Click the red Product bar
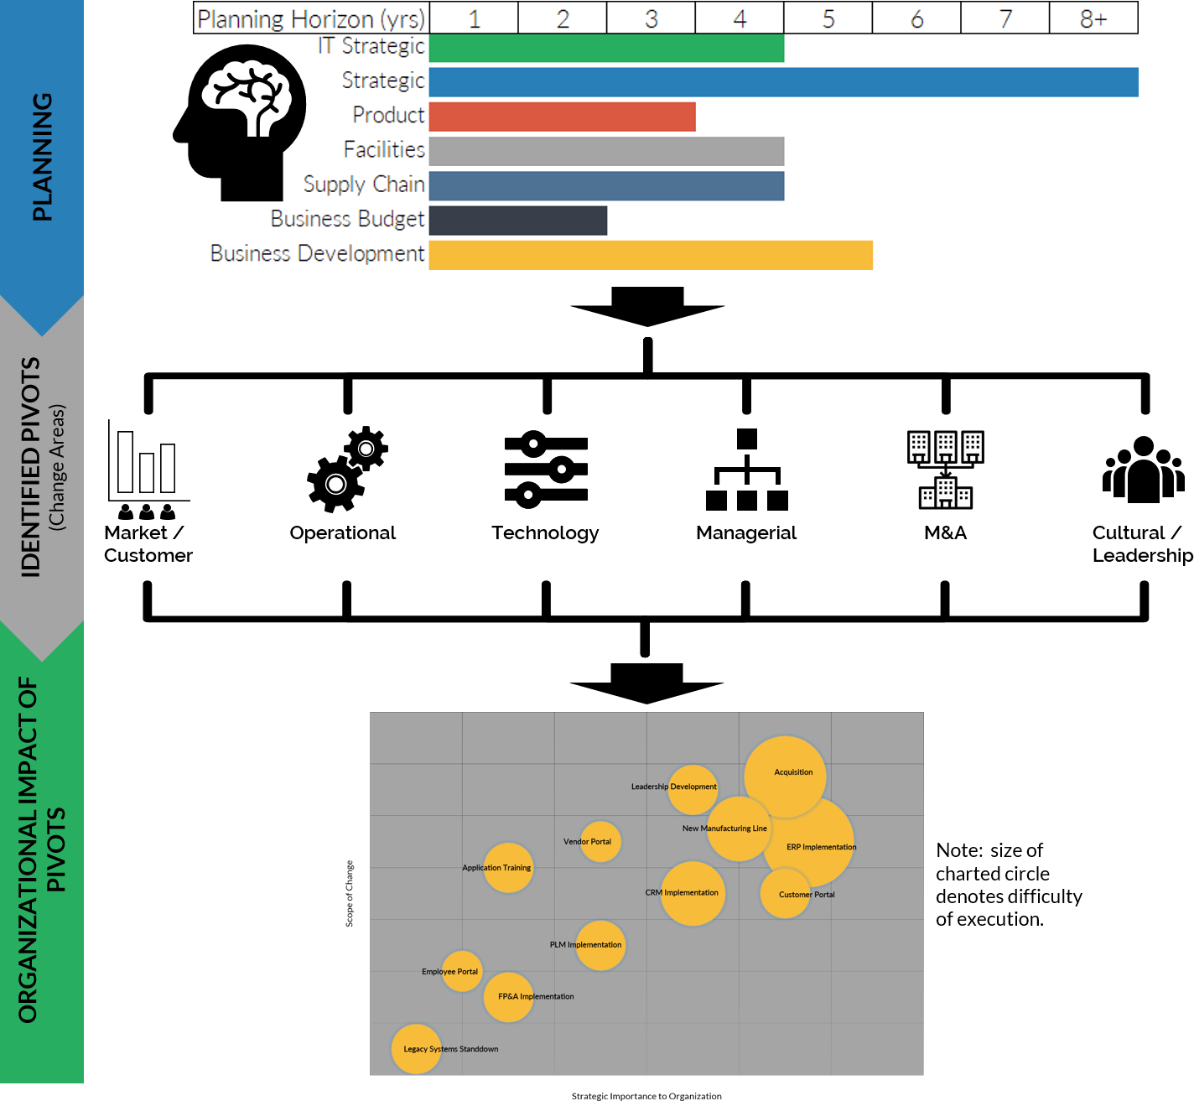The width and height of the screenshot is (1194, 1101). point(562,117)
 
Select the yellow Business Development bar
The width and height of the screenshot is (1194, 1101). point(651,255)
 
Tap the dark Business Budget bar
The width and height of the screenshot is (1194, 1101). point(517,221)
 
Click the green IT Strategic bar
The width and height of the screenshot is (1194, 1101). point(606,48)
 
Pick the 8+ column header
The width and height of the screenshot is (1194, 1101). point(1093,18)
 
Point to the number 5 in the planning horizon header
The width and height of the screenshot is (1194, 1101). point(828,18)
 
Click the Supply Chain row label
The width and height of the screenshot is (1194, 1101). point(364,184)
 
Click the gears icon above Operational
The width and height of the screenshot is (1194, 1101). point(346,470)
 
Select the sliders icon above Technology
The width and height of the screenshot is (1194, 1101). point(546,470)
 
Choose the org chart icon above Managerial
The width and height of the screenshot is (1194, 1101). point(746,470)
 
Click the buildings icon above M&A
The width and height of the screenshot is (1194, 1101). point(946,470)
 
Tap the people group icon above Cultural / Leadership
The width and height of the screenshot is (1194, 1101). point(1144,470)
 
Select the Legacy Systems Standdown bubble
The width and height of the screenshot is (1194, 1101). point(416,1049)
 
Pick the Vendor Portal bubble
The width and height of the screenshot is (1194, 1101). point(600,842)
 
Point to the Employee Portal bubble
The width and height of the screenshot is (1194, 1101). point(462,971)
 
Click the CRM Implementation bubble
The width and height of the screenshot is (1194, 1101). point(693,894)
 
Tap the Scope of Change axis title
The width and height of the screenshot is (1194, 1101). point(350,894)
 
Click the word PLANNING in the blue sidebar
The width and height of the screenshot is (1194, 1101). point(42,157)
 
